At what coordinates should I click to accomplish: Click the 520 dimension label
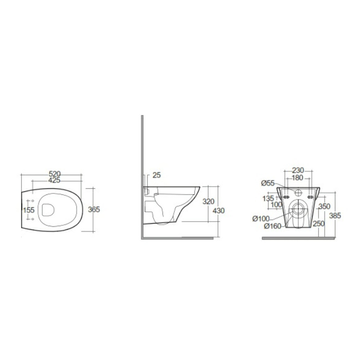pyautogui.click(x=55, y=174)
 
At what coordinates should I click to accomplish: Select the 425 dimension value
pyautogui.click(x=55, y=181)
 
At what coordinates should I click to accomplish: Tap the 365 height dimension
pyautogui.click(x=94, y=209)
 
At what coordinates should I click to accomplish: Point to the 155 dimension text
pyautogui.click(x=29, y=210)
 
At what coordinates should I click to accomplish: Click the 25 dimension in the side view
pyautogui.click(x=156, y=175)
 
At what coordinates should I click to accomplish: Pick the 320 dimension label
pyautogui.click(x=208, y=202)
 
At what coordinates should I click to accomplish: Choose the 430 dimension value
pyautogui.click(x=219, y=210)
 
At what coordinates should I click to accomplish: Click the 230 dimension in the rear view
pyautogui.click(x=298, y=170)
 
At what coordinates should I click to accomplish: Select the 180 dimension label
pyautogui.click(x=298, y=178)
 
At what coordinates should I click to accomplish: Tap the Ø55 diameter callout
pyautogui.click(x=268, y=183)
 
